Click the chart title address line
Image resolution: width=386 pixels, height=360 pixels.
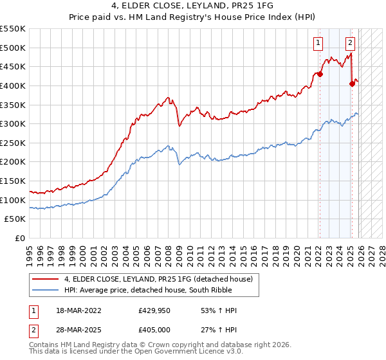pos(193,7)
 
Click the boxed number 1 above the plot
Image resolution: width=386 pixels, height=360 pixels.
pos(318,44)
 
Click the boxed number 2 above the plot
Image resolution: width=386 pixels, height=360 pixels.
pos(350,44)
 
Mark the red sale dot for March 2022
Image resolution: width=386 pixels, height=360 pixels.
pos(320,74)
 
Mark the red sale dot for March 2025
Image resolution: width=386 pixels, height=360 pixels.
pos(352,84)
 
